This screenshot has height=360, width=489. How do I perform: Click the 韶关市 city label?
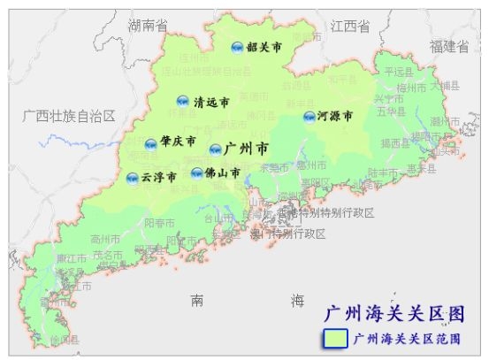265,48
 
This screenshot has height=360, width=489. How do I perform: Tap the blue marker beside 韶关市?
237,48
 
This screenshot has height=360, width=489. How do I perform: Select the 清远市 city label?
211,102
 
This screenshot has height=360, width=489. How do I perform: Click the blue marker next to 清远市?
183,101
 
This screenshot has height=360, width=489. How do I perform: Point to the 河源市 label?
335,116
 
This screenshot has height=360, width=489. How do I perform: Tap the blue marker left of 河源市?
309,117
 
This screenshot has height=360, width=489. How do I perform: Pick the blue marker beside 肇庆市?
151,144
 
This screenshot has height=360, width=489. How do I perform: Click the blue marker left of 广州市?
216,149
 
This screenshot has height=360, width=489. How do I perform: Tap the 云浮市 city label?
159,177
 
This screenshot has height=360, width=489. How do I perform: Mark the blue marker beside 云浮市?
133,178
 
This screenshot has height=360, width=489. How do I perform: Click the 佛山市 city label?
222,173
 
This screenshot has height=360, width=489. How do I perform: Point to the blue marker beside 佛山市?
196,173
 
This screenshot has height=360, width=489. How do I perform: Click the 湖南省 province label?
148,26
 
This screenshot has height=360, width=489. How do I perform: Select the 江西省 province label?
350,27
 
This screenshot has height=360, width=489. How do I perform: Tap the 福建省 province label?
449,46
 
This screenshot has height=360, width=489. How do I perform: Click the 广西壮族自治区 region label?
69,116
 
